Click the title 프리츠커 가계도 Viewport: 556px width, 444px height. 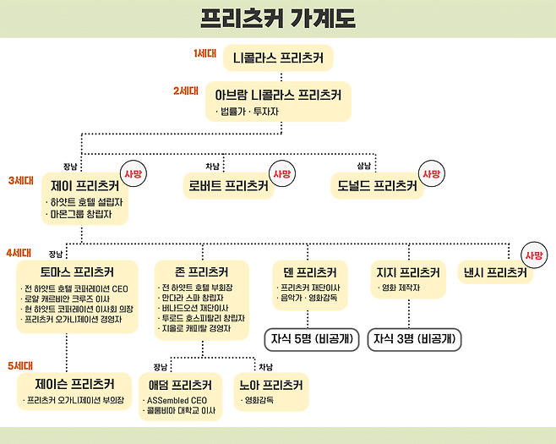point(278,18)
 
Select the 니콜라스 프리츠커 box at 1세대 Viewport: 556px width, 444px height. point(278,58)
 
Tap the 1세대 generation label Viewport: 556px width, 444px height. point(206,53)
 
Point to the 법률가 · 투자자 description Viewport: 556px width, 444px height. point(248,111)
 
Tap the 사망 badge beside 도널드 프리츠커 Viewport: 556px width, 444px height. point(432,173)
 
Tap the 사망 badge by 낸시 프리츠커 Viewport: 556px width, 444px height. point(532,255)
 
